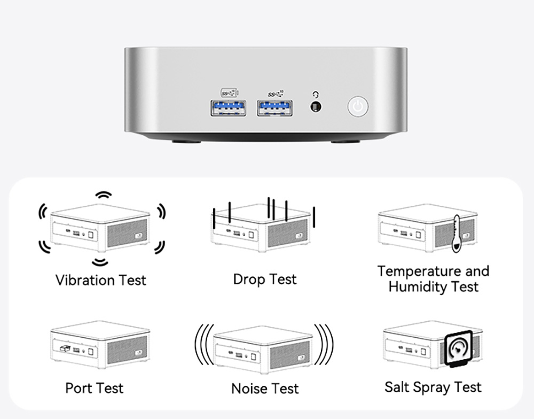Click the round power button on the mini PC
pyautogui.click(x=359, y=106)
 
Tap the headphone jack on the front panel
pyautogui.click(x=316, y=106)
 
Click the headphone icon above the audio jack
pyautogui.click(x=316, y=95)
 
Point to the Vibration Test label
pyautogui.click(x=100, y=280)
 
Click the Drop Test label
pyautogui.click(x=265, y=279)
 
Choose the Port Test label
pyautogui.click(x=94, y=387)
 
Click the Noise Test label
pyautogui.click(x=265, y=388)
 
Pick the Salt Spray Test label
pyautogui.click(x=433, y=387)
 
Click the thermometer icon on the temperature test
pyautogui.click(x=456, y=234)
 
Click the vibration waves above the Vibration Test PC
pyautogui.click(x=103, y=196)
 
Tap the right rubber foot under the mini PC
pyautogui.click(x=345, y=143)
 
